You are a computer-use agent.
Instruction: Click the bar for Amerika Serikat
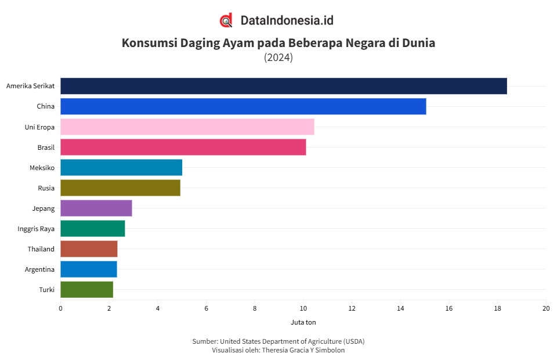[283, 86]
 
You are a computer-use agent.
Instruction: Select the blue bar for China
[243, 106]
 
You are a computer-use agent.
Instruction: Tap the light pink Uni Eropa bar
[187, 127]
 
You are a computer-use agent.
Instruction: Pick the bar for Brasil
[183, 147]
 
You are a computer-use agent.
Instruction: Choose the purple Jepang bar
[96, 208]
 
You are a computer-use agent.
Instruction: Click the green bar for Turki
[86, 289]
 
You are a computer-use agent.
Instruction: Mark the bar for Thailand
[89, 249]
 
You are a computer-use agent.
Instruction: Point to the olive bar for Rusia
[120, 188]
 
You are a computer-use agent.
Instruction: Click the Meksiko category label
[42, 167]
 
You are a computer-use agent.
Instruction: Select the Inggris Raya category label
[36, 228]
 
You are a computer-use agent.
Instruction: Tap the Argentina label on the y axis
[39, 269]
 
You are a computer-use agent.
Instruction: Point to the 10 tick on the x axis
[303, 308]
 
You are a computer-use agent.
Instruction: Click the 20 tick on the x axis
[545, 308]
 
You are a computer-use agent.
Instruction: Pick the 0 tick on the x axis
[60, 308]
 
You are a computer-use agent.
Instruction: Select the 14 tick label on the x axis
[400, 308]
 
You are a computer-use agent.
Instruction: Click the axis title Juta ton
[303, 322]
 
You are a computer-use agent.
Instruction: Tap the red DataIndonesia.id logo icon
[226, 21]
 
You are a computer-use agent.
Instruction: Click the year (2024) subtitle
[278, 57]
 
